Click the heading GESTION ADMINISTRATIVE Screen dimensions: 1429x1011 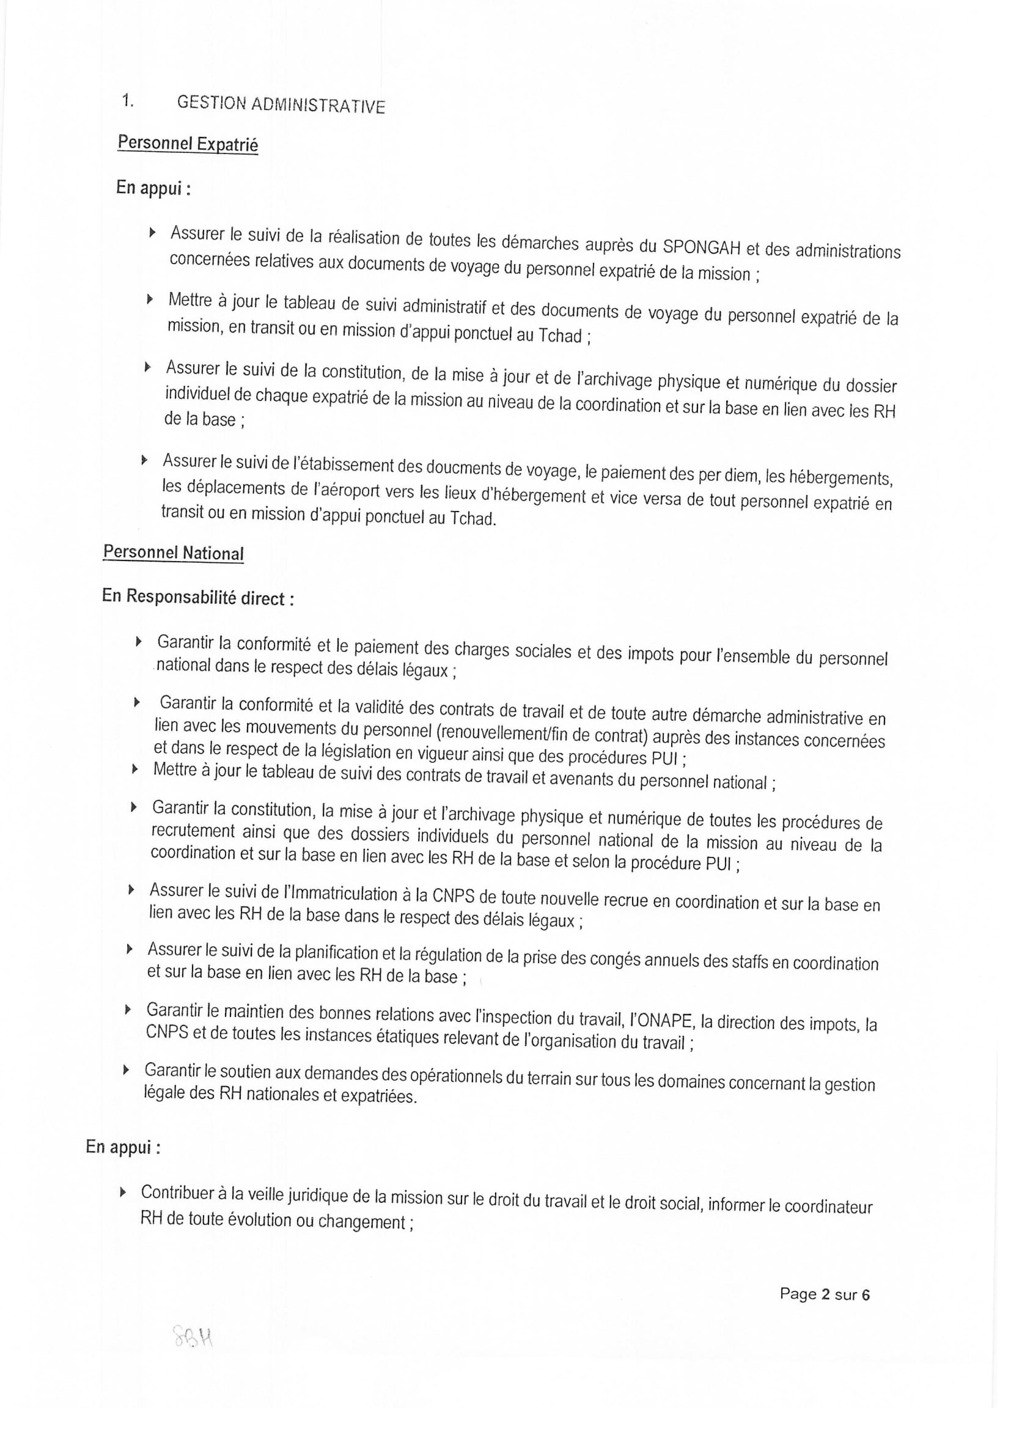281,105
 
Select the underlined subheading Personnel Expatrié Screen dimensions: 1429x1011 188,144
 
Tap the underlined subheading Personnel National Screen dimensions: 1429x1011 173,553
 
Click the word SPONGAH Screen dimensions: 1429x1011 701,247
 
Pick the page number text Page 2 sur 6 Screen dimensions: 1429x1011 824,1294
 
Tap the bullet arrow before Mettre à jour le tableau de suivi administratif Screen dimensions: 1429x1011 149,299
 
